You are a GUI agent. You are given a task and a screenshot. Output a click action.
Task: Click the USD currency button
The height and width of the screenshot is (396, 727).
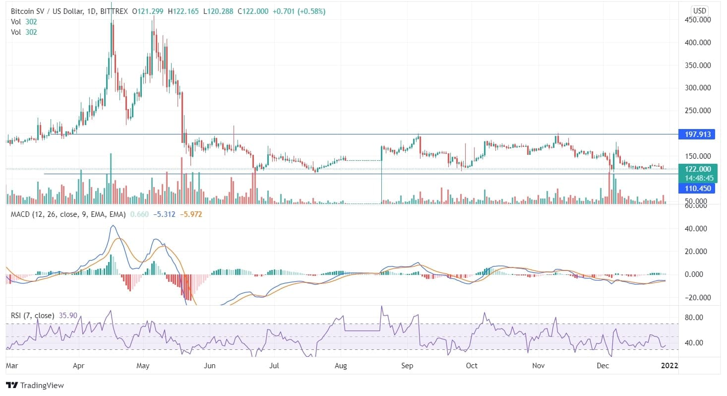pyautogui.click(x=700, y=10)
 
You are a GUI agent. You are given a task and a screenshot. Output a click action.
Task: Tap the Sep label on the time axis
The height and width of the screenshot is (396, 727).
pyautogui.click(x=407, y=366)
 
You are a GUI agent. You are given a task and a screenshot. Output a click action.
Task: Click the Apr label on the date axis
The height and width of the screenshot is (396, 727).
pyautogui.click(x=78, y=366)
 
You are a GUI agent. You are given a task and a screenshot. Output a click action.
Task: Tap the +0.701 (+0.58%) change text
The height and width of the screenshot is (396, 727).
pyautogui.click(x=299, y=11)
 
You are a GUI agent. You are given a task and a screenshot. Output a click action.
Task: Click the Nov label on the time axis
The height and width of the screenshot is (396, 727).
pyautogui.click(x=539, y=366)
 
